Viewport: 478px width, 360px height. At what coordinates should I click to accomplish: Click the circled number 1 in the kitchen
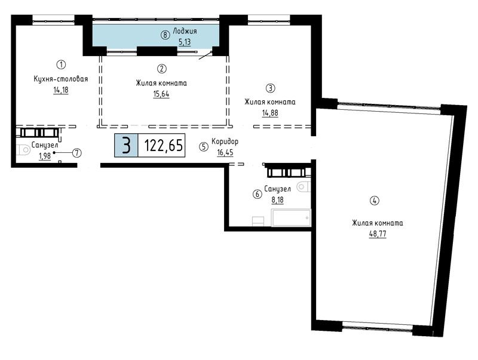[x=62, y=64]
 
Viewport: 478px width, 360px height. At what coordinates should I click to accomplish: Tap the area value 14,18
[x=61, y=90]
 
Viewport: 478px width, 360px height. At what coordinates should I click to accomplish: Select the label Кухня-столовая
[x=61, y=79]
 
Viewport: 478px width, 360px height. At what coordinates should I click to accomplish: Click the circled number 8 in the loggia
[x=166, y=35]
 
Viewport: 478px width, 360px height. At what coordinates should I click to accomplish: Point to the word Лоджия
[x=185, y=31]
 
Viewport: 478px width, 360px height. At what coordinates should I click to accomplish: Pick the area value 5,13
[x=185, y=42]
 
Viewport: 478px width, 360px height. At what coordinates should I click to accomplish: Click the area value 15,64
[x=161, y=94]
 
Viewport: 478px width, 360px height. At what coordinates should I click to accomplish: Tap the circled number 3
[x=271, y=88]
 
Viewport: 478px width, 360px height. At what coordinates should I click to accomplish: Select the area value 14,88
[x=270, y=113]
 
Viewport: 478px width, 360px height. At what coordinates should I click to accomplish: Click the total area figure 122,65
[x=163, y=145]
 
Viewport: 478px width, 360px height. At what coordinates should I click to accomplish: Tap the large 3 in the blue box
[x=126, y=145]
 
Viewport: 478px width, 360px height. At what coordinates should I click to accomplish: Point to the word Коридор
[x=225, y=141]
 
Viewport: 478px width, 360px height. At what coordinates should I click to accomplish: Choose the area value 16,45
[x=225, y=152]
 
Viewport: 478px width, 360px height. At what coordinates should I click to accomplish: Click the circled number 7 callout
[x=77, y=153]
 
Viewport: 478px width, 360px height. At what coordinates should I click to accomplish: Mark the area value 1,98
[x=44, y=156]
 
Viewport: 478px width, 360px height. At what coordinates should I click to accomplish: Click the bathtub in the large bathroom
[x=291, y=218]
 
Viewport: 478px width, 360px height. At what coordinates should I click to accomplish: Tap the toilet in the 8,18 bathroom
[x=304, y=187]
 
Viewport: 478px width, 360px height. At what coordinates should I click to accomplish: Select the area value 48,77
[x=378, y=234]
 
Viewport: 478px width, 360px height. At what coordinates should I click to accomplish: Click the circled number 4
[x=375, y=201]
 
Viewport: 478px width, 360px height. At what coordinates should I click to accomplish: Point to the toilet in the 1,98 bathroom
[x=23, y=150]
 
